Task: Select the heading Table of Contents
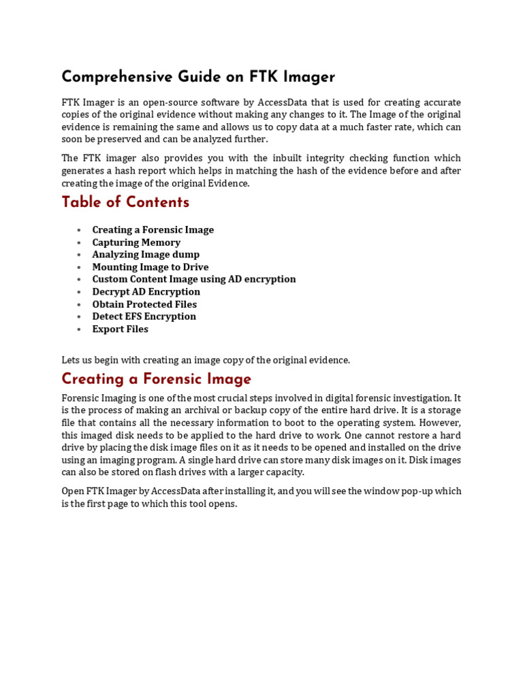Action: tap(125, 202)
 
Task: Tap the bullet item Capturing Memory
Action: tap(136, 242)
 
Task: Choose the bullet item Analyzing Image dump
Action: tap(146, 255)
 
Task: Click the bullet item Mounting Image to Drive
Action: tap(150, 267)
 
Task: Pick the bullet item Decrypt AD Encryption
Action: tap(146, 292)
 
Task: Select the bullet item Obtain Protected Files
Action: tap(144, 304)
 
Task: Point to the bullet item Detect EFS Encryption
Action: tap(144, 317)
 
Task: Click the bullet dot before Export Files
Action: tap(80, 329)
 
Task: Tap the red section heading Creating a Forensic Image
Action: tap(157, 379)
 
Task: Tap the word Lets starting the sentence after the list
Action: tap(72, 360)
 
